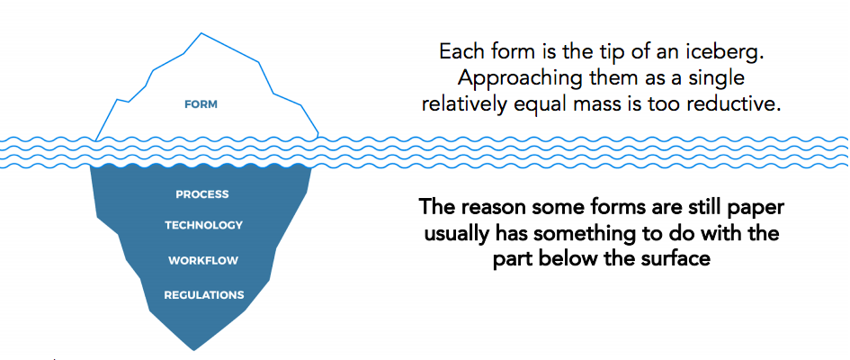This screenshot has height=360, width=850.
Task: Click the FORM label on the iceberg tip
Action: tap(201, 104)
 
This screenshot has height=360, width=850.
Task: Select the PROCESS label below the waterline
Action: tap(202, 194)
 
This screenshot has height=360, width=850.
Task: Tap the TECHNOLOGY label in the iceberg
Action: tap(204, 225)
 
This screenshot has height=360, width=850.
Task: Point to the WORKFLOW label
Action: tap(203, 261)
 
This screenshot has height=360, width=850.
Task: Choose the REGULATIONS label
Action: tap(204, 295)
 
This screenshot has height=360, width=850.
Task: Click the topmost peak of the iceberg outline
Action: tap(201, 33)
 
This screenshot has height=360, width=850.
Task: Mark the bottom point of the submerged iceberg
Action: tap(193, 350)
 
